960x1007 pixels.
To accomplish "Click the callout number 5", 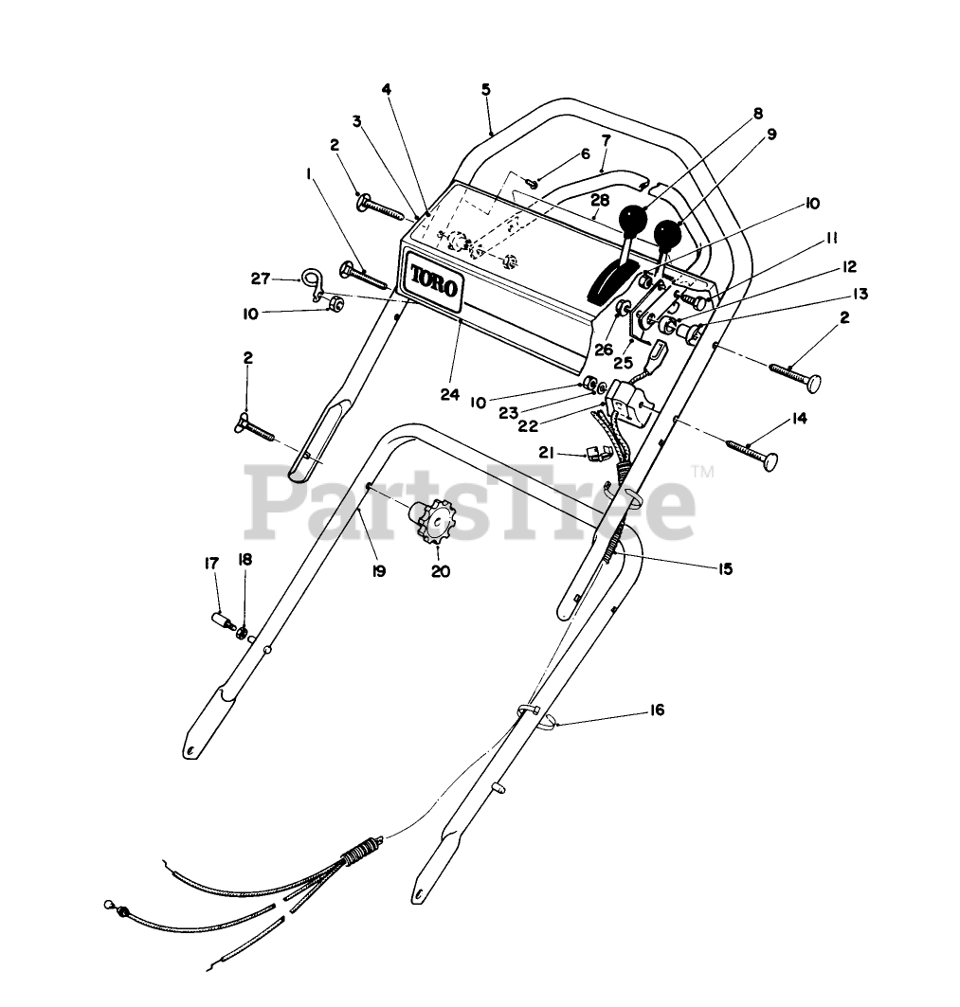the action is point(486,90).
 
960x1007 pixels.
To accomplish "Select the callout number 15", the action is point(725,569).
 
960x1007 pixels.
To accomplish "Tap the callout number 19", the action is point(378,572).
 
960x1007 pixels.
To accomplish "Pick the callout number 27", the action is point(261,279).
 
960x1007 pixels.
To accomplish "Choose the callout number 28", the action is point(598,200).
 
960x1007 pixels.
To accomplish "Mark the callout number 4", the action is point(387,89).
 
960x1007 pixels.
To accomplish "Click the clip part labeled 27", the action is point(313,282).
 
